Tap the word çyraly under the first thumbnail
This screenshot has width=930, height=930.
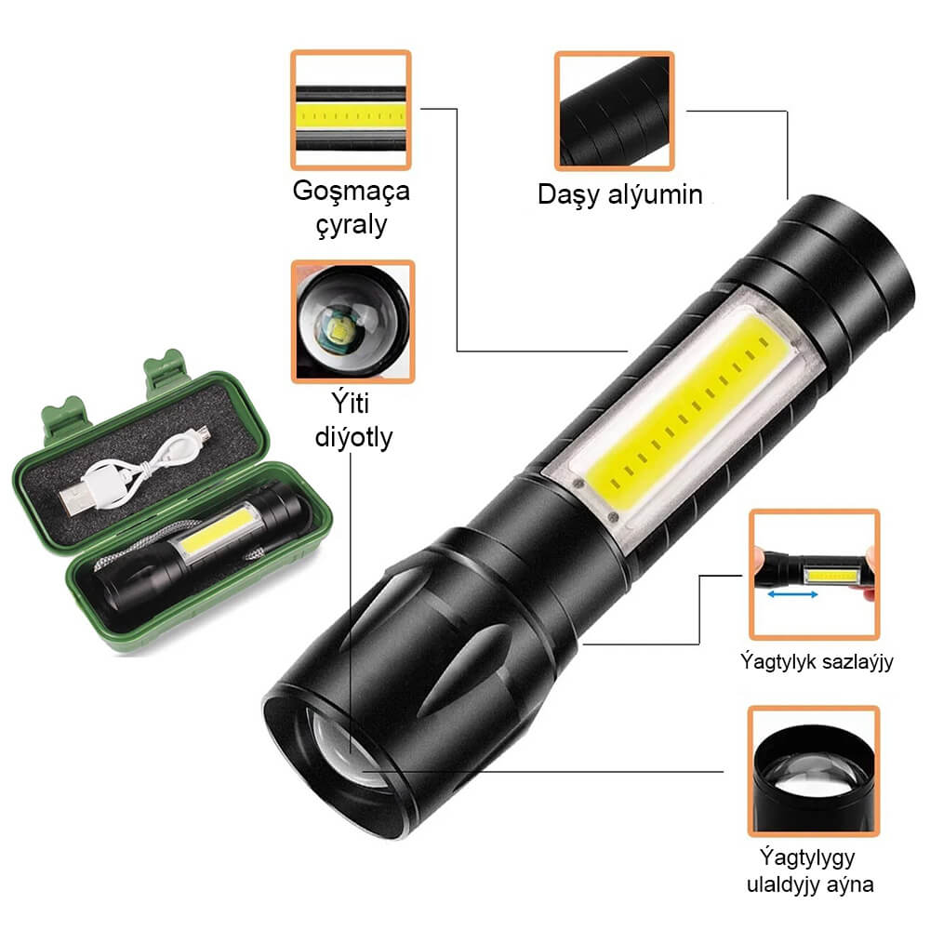[352, 225]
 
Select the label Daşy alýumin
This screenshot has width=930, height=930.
[619, 195]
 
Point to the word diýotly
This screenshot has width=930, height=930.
[353, 437]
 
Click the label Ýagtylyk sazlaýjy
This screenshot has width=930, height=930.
[817, 661]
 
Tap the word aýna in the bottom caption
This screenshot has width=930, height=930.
[851, 884]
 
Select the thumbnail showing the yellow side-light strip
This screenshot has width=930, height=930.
[351, 110]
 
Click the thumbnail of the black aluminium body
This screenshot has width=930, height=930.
[614, 111]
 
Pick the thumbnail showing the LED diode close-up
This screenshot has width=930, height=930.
[352, 322]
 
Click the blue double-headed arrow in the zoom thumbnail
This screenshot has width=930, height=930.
[792, 593]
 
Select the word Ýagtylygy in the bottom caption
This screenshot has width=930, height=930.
[807, 857]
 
